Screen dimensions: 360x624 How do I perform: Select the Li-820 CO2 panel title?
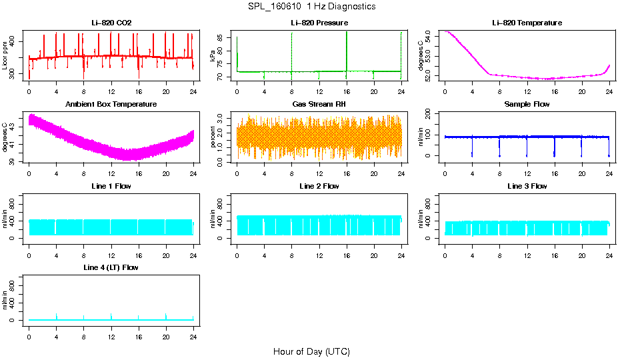coord(111,23)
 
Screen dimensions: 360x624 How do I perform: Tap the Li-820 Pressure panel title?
coord(319,23)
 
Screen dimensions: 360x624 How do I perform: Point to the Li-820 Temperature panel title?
coord(527,23)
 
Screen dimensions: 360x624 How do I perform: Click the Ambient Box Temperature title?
coord(111,105)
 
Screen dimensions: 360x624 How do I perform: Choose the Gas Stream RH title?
coord(319,105)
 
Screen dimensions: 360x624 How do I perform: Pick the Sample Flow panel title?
coord(527,105)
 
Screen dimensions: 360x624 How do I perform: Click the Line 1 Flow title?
coord(111,186)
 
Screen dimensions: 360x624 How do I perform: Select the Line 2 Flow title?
coord(319,186)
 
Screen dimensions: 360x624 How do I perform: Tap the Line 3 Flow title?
coord(527,186)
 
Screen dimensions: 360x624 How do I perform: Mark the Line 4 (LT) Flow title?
coord(111,267)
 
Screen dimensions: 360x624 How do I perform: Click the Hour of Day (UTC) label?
coord(311,351)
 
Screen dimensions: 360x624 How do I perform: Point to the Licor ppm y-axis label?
coord(5,55)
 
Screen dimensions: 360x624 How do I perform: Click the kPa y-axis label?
coord(213,55)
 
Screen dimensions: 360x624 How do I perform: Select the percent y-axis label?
coord(213,137)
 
